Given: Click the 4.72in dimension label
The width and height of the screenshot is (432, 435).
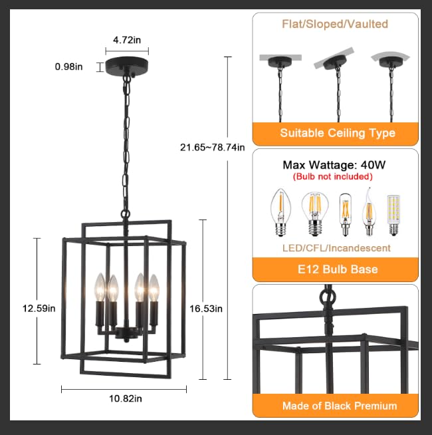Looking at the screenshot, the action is (127, 40).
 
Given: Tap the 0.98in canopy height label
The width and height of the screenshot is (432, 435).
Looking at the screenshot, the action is (68, 67).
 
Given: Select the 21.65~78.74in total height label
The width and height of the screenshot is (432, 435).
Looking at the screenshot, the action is (213, 147).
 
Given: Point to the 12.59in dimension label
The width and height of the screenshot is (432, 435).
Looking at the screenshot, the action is (39, 308).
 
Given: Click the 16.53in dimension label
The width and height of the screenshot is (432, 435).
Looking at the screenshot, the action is (206, 309).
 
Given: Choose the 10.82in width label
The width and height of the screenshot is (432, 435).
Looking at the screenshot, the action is (126, 398).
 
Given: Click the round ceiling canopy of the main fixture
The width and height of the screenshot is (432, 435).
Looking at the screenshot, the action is (127, 66).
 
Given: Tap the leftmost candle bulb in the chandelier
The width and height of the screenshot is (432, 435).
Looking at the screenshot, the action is (100, 287).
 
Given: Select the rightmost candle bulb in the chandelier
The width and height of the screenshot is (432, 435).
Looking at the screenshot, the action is (154, 288).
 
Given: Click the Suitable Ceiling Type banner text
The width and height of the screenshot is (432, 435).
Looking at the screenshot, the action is (338, 133).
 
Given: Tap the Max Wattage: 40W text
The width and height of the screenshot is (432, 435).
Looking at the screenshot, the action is (334, 165).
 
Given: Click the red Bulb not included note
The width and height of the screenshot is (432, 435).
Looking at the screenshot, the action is (333, 176).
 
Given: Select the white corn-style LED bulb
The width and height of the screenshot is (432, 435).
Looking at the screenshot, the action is (393, 215).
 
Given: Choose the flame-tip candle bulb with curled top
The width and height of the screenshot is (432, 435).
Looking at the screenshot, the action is (369, 212).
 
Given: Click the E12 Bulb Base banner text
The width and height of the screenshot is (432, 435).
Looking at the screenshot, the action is (338, 269).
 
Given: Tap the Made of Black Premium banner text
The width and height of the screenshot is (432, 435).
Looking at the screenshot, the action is (340, 406).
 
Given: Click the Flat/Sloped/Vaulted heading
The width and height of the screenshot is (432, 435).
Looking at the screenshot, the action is (335, 24).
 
